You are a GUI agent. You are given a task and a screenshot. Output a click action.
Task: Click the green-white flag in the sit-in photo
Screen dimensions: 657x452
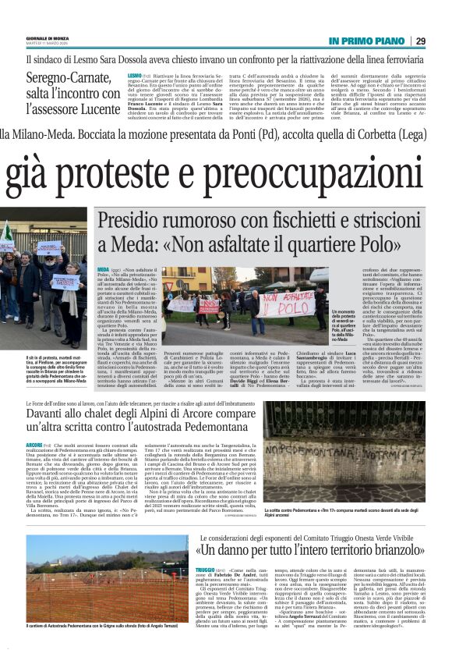point(7,234)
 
